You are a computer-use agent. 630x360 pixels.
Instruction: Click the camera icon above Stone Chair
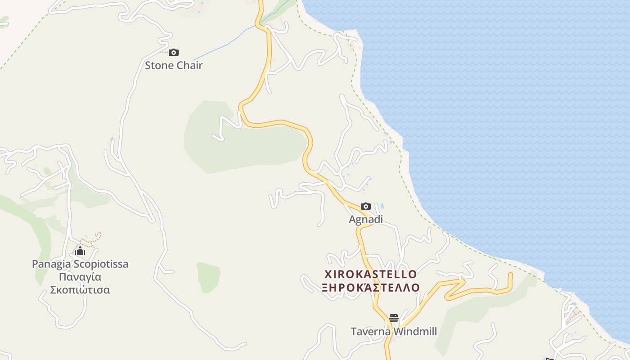tap(174, 53)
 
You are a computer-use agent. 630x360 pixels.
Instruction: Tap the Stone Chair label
tap(174, 66)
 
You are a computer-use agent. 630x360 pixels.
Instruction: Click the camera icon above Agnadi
tap(366, 207)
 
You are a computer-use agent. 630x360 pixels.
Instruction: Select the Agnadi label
tap(366, 220)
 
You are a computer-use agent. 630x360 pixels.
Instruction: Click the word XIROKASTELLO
tap(371, 274)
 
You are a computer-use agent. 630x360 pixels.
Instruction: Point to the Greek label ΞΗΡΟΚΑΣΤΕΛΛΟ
tap(371, 288)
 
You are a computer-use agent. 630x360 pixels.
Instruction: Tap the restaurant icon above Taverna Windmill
tap(394, 319)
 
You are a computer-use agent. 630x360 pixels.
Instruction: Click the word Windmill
tap(414, 332)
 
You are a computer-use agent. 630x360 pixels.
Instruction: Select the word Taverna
tap(370, 332)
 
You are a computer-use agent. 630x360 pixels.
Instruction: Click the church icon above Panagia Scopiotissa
tap(80, 251)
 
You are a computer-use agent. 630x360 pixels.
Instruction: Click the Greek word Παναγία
tap(80, 277)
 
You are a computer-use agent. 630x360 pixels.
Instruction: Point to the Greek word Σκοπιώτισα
tap(80, 290)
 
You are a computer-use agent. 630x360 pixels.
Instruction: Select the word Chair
tap(189, 66)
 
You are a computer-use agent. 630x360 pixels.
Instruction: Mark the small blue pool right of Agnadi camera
tap(382, 206)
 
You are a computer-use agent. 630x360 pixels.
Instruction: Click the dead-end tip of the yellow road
tap(510, 274)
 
